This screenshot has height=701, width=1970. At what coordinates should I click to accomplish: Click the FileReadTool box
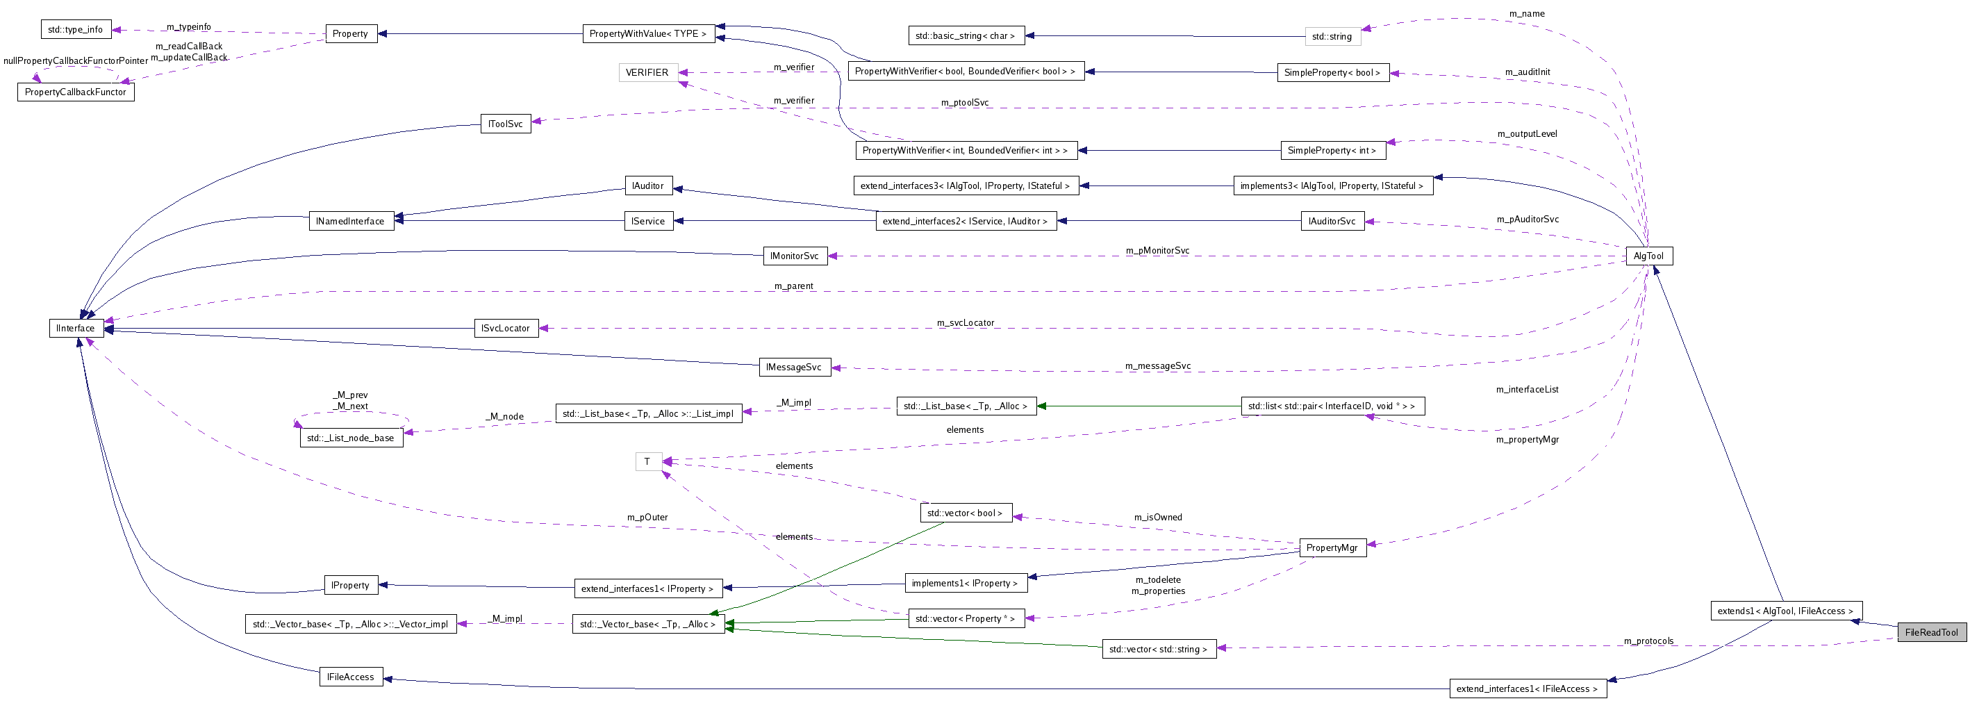pos(1931,632)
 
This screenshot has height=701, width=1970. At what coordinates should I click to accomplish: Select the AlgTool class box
pos(1648,256)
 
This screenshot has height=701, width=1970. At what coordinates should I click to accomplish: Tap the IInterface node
pos(76,329)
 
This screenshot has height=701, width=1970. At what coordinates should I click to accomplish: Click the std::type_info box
pos(75,30)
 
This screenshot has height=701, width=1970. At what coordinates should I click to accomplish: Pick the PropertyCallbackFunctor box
pos(75,92)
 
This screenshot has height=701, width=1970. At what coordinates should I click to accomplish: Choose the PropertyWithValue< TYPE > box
pos(647,33)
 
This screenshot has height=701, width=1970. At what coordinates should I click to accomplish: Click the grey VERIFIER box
pos(647,73)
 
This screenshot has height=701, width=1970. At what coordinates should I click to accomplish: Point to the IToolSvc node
pos(506,124)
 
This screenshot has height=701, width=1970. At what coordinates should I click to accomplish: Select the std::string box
pos(1332,37)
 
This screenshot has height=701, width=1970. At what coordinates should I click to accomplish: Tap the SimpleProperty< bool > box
pos(1332,73)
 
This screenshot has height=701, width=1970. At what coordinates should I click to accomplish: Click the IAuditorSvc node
pos(1332,221)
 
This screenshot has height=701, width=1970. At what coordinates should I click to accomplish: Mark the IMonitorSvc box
pos(794,256)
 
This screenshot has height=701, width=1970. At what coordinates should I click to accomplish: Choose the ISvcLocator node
pos(505,329)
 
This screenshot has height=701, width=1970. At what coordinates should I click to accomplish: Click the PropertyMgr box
pos(1332,548)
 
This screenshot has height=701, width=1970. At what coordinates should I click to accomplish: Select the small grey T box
pos(647,461)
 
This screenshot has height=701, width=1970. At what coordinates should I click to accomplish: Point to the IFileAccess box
pos(350,677)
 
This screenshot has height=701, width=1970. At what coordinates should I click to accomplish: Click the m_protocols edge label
pos(1648,641)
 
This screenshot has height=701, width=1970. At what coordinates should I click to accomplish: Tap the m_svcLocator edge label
pos(965,323)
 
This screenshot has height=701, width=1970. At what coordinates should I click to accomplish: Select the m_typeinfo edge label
pos(189,27)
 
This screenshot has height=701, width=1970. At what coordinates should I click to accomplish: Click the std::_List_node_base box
pos(350,438)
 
